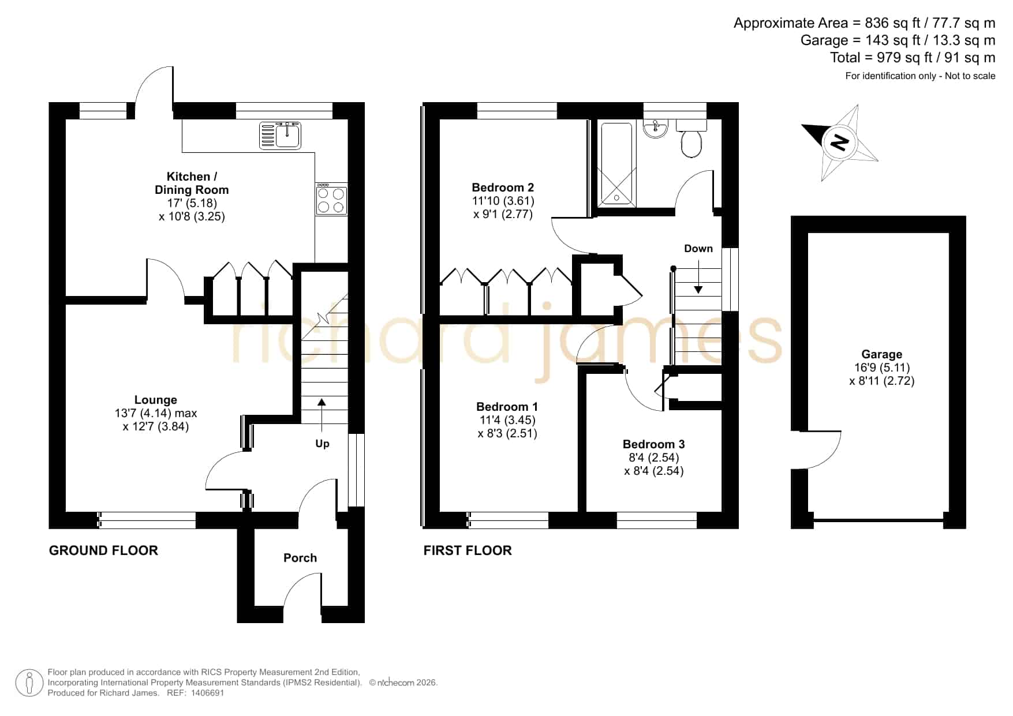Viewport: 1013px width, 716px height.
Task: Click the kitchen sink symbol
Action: [280, 135]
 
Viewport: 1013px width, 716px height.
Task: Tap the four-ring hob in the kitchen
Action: [331, 200]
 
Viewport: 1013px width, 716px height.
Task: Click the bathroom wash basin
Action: [655, 128]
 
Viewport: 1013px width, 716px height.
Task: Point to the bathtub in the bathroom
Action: [616, 163]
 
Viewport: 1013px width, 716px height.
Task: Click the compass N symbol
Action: [840, 142]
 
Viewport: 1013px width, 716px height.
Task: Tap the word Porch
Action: [300, 558]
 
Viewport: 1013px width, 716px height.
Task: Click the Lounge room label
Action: [156, 400]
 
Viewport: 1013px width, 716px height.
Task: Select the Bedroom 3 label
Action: [653, 444]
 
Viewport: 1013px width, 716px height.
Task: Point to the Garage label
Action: [881, 354]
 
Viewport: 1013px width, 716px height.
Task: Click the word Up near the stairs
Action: [322, 444]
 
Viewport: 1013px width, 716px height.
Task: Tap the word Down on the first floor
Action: [698, 249]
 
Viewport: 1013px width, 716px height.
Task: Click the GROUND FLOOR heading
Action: [103, 550]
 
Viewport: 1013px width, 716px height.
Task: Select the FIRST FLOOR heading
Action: [468, 550]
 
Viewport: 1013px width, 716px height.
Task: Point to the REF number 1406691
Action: [207, 693]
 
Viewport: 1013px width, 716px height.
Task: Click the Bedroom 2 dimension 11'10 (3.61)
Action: [503, 201]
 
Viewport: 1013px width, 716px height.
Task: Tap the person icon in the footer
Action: [29, 683]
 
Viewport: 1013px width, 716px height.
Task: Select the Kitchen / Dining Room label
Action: [192, 183]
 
